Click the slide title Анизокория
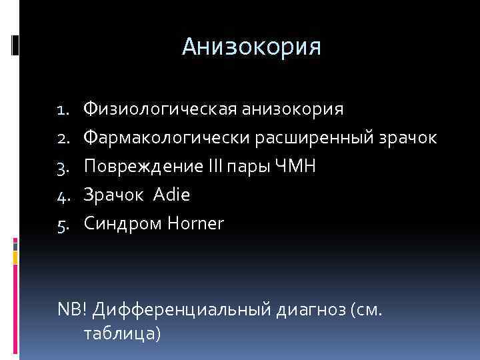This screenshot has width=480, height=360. click(x=251, y=47)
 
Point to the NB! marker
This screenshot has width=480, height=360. click(x=71, y=310)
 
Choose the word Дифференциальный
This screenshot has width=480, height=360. click(x=180, y=310)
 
